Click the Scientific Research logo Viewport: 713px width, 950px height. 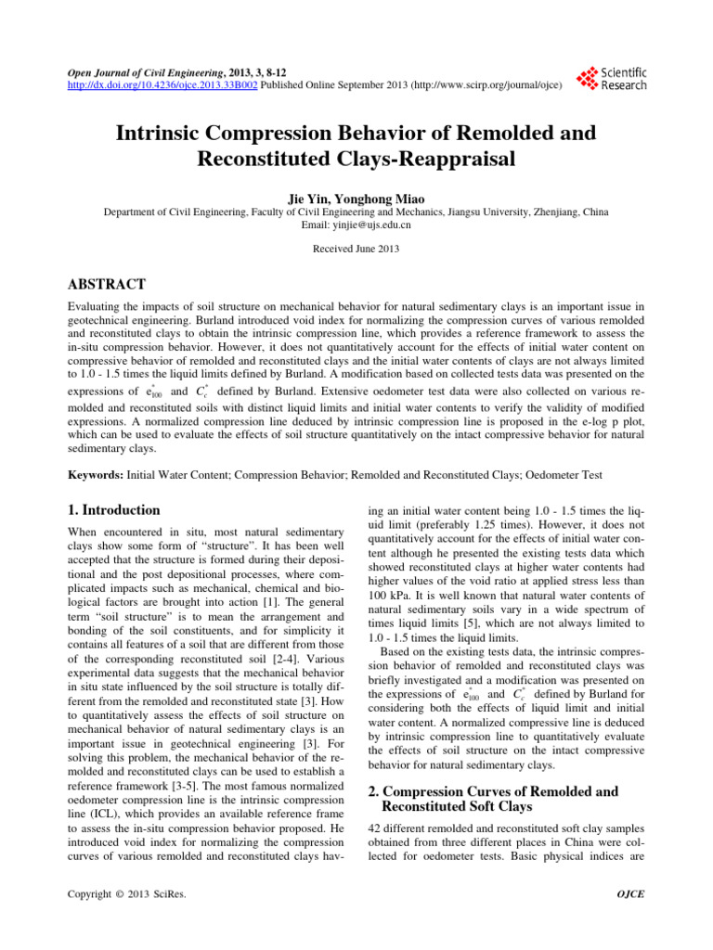[x=612, y=78]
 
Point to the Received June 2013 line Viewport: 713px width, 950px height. [x=356, y=250]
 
